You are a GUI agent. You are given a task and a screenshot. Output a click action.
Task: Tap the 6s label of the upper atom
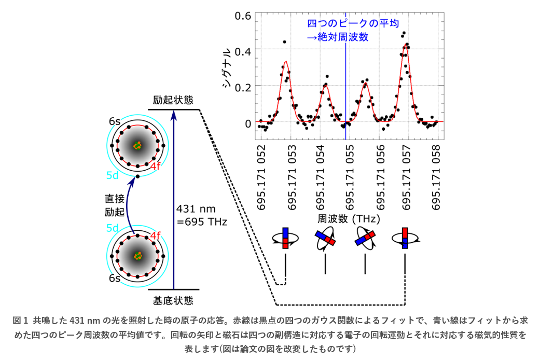tap(115, 121)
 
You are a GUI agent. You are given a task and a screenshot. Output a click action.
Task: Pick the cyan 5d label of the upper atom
tap(113, 175)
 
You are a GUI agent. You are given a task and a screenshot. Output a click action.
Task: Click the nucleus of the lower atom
tap(137, 255)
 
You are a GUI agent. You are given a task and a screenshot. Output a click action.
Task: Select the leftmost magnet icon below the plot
tap(285, 238)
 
